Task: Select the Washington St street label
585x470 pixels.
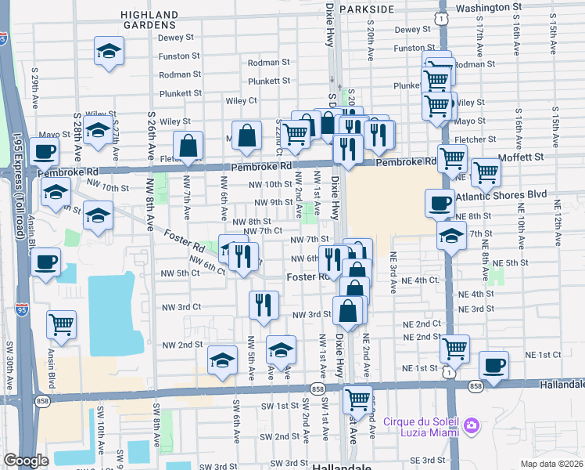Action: pyautogui.click(x=489, y=7)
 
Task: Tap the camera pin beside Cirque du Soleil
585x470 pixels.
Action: pyautogui.click(x=471, y=425)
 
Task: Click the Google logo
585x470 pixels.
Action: pyautogui.click(x=27, y=461)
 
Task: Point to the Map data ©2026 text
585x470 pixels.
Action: pyautogui.click(x=551, y=464)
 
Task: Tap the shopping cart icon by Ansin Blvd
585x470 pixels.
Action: pyautogui.click(x=61, y=324)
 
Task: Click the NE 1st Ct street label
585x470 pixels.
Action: pyautogui.click(x=543, y=355)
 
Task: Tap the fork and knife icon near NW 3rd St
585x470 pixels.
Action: pyautogui.click(x=264, y=304)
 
